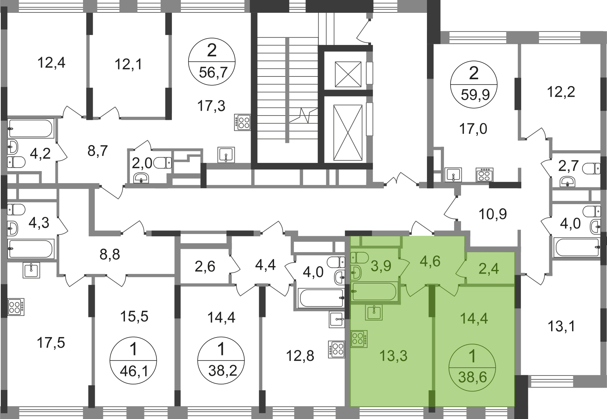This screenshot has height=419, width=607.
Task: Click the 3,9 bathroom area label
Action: pos(381,267)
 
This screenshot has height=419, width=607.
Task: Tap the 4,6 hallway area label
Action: pos(430,261)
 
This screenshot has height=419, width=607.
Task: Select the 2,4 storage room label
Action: pos(489,268)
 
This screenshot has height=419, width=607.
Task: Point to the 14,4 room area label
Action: pos(474,319)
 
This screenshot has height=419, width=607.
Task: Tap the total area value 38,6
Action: pos(472,376)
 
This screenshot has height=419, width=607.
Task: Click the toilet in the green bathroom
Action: pos(359,257)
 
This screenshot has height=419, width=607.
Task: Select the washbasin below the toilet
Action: pos(356,272)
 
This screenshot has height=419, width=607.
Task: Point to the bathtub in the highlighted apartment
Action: pos(374,292)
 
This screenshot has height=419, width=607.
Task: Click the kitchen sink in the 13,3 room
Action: pos(374,312)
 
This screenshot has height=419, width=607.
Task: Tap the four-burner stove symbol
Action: pos(359,338)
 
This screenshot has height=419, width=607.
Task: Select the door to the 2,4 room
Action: pos(460,268)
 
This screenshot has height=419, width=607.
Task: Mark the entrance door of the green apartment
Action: pos(422,229)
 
